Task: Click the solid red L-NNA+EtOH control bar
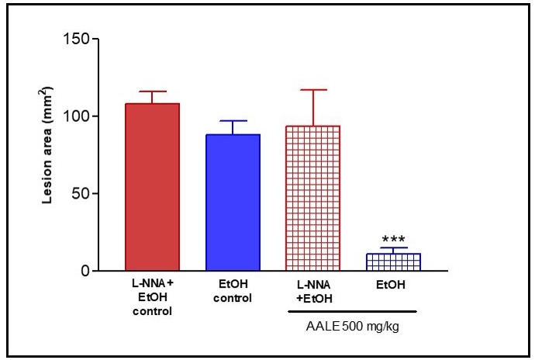click(152, 187)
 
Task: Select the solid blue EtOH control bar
click(233, 202)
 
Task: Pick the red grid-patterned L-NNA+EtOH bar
click(313, 199)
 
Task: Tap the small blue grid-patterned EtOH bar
click(393, 262)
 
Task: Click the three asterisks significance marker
click(393, 241)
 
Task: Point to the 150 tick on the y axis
click(78, 39)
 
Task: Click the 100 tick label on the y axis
click(78, 116)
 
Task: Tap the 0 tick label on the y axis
click(85, 271)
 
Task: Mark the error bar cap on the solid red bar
click(152, 92)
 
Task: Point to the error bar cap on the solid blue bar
click(233, 121)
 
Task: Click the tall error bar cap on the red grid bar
click(313, 90)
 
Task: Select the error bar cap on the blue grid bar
click(393, 248)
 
